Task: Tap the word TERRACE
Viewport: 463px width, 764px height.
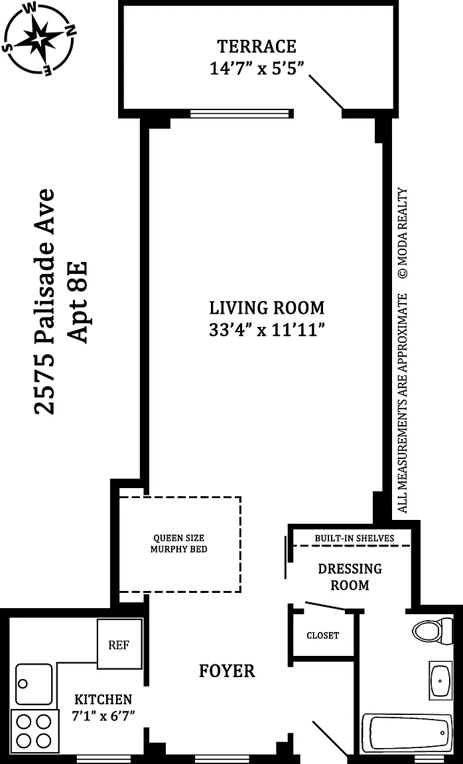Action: [256, 46]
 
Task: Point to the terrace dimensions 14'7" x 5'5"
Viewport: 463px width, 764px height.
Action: [257, 68]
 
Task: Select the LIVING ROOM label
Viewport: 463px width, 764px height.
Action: [267, 308]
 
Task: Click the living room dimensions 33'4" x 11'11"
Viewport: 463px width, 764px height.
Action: [267, 330]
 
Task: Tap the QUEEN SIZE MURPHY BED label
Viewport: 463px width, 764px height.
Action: [179, 543]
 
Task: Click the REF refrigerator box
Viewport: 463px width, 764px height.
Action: [119, 644]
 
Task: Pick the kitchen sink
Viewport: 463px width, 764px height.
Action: [34, 684]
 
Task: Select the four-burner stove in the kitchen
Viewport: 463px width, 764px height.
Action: [34, 731]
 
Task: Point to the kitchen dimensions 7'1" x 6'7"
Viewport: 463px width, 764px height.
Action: [103, 708]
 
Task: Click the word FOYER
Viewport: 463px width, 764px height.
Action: [227, 671]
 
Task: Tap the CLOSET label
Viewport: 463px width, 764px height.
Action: [322, 635]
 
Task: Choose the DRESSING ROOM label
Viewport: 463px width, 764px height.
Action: [350, 576]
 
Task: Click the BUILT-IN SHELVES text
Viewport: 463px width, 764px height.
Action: [354, 539]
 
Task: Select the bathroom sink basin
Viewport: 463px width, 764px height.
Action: [440, 680]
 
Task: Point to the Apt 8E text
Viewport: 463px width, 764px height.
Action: [78, 302]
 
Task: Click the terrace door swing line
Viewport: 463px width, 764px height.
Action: [326, 92]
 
